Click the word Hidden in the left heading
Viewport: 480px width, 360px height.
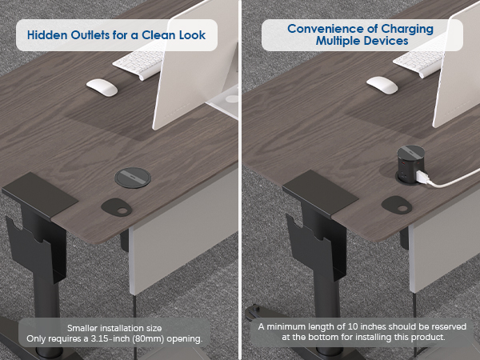46,35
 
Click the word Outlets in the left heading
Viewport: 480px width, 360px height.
91,35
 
